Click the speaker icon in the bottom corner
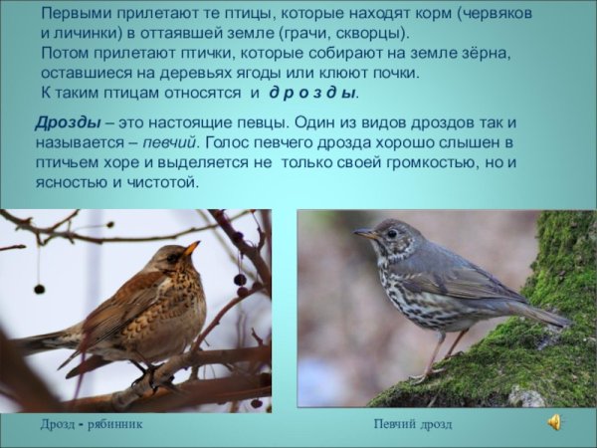pyautogui.click(x=553, y=422)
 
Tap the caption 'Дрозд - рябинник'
pyautogui.click(x=92, y=424)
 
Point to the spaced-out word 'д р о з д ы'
pyautogui.click(x=312, y=93)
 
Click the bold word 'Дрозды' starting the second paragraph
pyautogui.click(x=67, y=121)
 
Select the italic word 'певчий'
pyautogui.click(x=169, y=141)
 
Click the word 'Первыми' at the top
pyautogui.click(x=77, y=13)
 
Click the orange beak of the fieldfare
pyautogui.click(x=191, y=248)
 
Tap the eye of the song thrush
pyautogui.click(x=391, y=233)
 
